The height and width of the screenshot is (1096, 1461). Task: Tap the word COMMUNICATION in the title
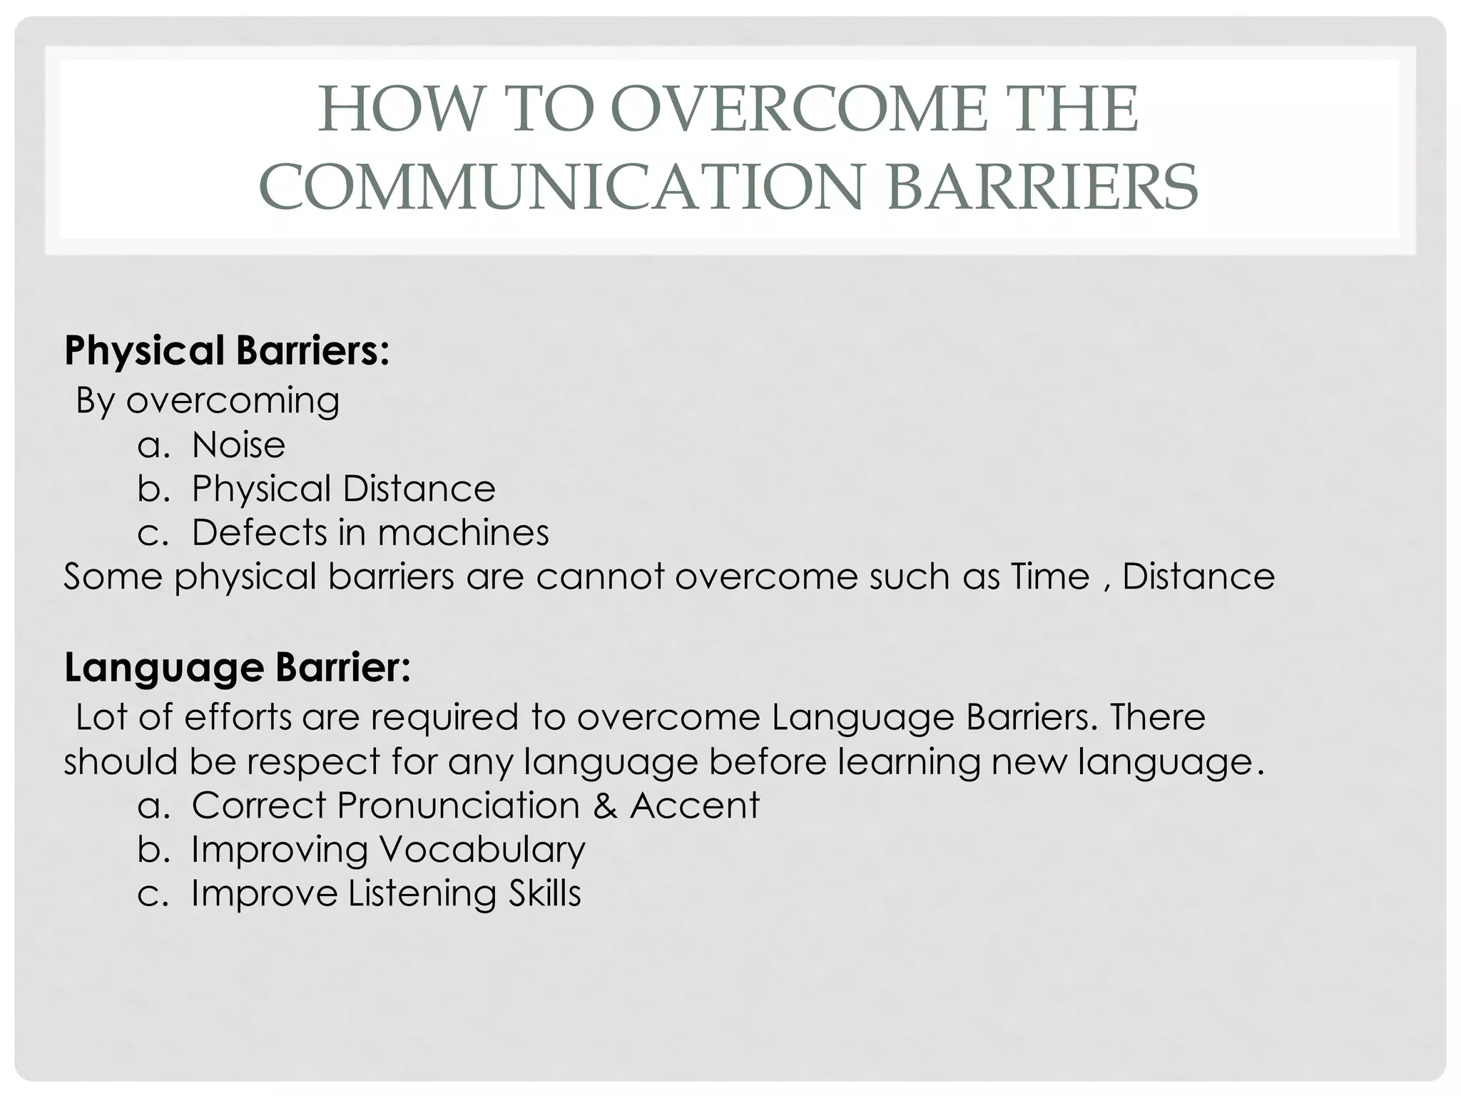561,187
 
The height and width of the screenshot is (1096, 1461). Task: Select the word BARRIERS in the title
1042,187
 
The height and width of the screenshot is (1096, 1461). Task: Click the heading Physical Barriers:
227,351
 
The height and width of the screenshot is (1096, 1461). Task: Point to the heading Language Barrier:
238,668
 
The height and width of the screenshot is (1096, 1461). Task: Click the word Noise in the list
238,445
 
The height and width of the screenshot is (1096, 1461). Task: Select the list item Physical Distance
343,489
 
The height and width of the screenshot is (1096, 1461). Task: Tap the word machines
463,532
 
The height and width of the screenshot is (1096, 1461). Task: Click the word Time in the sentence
1050,577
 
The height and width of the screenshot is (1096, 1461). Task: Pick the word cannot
600,577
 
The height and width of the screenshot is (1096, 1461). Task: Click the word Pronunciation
458,806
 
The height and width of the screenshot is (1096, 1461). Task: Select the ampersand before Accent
604,806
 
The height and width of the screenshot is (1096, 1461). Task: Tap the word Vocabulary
482,850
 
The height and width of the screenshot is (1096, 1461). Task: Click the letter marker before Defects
152,533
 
